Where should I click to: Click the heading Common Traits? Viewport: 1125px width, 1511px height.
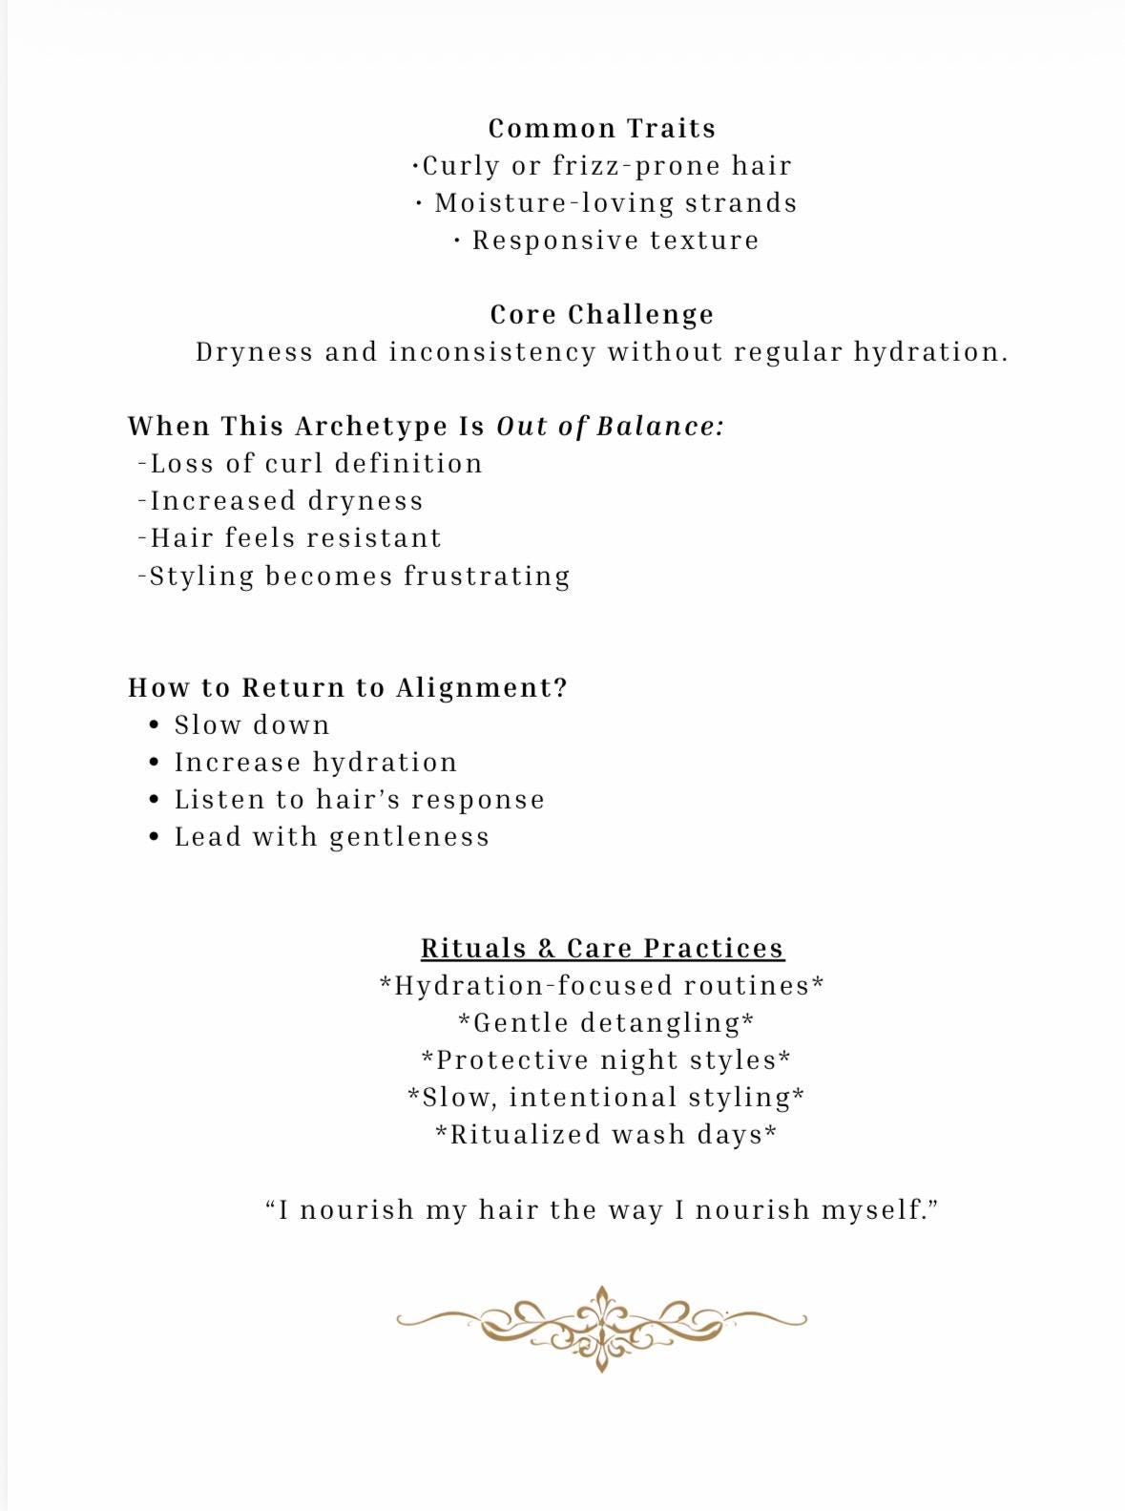[x=601, y=129]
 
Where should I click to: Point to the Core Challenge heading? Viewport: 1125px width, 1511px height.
[x=601, y=315]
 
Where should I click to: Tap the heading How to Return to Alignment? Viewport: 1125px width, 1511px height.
[x=347, y=688]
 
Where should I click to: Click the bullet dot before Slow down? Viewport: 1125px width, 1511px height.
[x=155, y=726]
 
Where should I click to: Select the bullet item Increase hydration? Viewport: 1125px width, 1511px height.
[x=315, y=763]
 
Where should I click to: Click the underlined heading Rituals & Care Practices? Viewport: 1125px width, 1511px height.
[x=602, y=949]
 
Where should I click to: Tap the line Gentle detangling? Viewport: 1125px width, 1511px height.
[x=606, y=1023]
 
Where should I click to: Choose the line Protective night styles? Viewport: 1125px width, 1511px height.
[x=606, y=1060]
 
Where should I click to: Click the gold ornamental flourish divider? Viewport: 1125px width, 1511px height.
[x=601, y=1327]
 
